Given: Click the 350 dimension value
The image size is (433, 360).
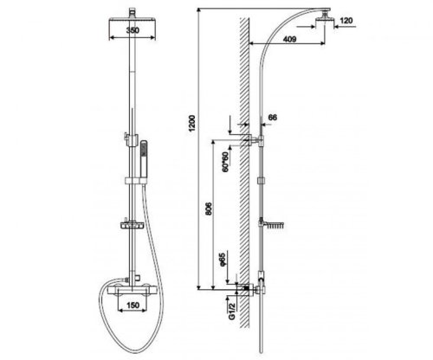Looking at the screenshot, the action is pyautogui.click(x=132, y=30).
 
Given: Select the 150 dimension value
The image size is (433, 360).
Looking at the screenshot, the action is pyautogui.click(x=132, y=305).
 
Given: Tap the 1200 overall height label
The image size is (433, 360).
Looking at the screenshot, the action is pyautogui.click(x=192, y=123).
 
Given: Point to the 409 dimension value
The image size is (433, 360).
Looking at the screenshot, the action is pyautogui.click(x=289, y=39).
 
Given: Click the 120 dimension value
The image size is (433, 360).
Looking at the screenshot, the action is pyautogui.click(x=346, y=21).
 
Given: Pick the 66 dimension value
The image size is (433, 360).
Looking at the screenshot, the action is pyautogui.click(x=273, y=118).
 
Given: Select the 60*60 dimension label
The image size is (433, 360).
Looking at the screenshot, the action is pyautogui.click(x=226, y=162).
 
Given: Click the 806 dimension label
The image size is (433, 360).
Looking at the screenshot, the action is pyautogui.click(x=209, y=209).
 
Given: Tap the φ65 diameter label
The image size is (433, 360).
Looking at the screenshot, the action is pyautogui.click(x=223, y=260).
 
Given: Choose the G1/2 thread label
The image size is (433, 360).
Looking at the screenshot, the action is pyautogui.click(x=232, y=312).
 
